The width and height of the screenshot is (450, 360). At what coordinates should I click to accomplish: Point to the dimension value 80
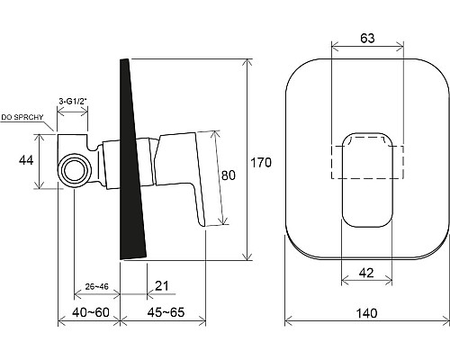click(x=229, y=176)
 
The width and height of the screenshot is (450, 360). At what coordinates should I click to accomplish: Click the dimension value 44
click(x=25, y=161)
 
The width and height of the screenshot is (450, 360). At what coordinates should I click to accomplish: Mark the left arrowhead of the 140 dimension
click(x=288, y=322)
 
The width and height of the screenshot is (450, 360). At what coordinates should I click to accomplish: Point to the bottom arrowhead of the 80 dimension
click(x=216, y=222)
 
